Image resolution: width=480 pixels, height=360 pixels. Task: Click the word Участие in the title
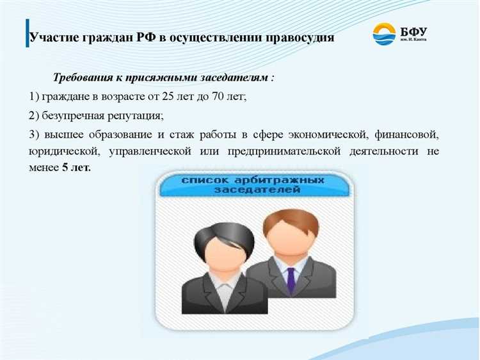[54, 37]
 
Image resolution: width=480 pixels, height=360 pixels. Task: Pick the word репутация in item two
[131, 116]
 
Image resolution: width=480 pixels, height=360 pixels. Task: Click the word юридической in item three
[62, 152]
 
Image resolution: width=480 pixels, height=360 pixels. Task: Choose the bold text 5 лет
[76, 168]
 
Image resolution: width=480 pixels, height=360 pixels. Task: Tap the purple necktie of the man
[291, 279]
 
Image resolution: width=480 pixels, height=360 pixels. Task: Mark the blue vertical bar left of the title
[28, 33]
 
